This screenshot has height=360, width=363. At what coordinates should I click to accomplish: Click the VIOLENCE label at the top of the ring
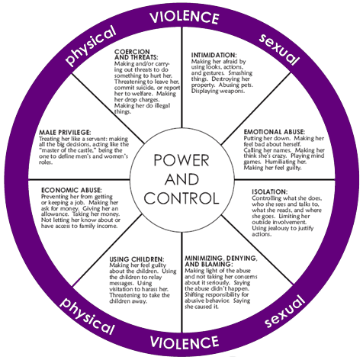tap(184, 17)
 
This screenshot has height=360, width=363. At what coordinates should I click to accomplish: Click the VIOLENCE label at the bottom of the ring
tap(185, 342)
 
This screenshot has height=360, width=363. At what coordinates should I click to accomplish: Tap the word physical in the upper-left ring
tap(89, 46)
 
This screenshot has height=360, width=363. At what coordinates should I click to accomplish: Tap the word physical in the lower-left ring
tap(87, 316)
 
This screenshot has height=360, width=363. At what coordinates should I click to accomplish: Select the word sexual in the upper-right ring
tap(279, 50)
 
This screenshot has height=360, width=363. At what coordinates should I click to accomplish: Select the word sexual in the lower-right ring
tap(284, 311)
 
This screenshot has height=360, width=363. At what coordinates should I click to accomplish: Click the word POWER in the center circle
tap(181, 160)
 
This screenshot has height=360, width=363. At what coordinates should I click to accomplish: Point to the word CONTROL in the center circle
tap(181, 198)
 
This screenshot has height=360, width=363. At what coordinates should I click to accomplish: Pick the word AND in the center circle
tap(181, 179)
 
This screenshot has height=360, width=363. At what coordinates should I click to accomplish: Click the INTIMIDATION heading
tap(214, 55)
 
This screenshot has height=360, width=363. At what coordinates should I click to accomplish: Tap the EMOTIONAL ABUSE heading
tap(275, 132)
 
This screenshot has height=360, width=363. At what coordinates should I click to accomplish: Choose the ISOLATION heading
tap(270, 191)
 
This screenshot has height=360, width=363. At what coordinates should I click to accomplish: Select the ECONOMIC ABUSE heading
tap(72, 190)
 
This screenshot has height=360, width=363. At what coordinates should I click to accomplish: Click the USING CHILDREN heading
tap(137, 259)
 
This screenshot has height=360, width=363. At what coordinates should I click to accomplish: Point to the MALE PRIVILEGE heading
tap(65, 133)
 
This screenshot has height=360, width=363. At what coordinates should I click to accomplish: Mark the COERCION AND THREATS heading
tap(137, 54)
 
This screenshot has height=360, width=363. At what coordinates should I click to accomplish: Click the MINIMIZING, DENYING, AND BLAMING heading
tap(221, 261)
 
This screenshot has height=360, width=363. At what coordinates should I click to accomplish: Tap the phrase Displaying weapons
tap(218, 91)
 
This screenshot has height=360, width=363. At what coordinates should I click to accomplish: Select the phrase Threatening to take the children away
tap(140, 298)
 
